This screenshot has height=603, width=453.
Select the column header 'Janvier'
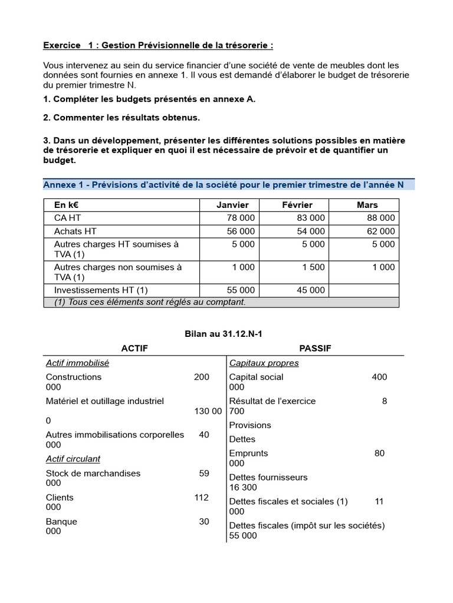coord(233,205)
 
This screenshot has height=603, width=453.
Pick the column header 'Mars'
coord(367,205)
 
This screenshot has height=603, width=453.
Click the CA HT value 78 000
coord(241,218)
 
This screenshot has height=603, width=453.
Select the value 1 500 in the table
coord(313,267)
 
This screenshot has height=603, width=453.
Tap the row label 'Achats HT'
coord(75,231)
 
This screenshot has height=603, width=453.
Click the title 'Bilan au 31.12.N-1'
coord(224,334)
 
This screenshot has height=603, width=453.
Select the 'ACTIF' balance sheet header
coord(134,349)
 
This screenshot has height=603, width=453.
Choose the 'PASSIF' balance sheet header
coord(315,349)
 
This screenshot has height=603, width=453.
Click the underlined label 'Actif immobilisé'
coord(77,363)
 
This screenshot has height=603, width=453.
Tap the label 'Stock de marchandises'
coord(93,473)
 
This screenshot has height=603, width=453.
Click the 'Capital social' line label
coord(256,377)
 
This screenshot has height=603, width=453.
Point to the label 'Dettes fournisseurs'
coord(268,477)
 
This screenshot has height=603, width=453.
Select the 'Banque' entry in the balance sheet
coord(61,521)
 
